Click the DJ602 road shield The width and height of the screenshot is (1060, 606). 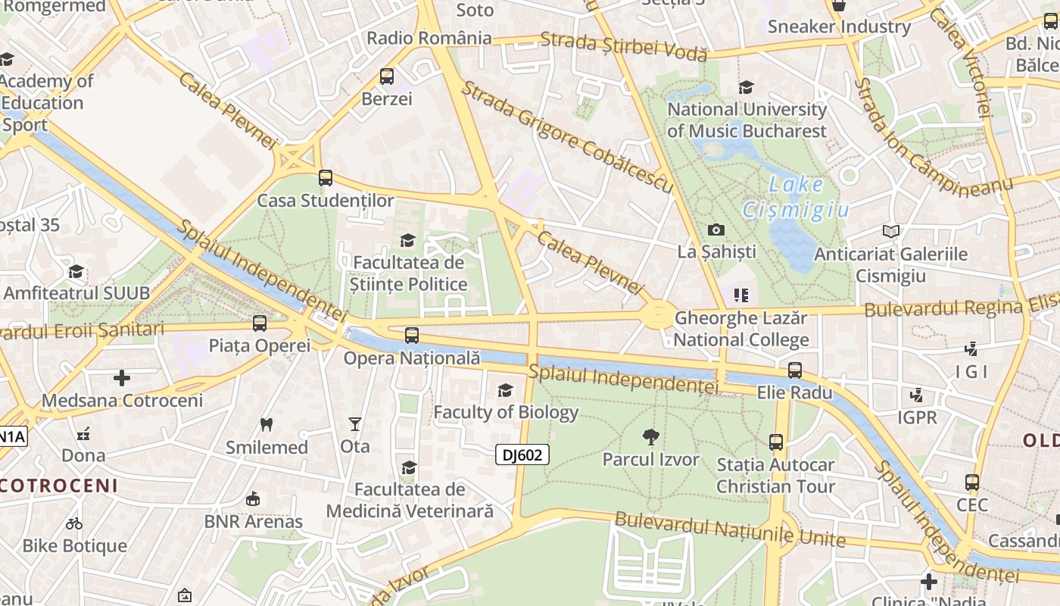tap(522, 454)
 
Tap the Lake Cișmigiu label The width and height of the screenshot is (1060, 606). tap(796, 197)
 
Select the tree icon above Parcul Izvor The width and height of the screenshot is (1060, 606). tap(650, 436)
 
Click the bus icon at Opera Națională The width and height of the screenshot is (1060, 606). tap(412, 335)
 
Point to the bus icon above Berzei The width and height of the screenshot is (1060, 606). tap(387, 77)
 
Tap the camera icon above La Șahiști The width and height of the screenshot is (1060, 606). tap(715, 230)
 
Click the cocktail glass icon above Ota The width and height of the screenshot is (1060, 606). tap(355, 424)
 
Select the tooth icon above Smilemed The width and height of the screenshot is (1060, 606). tap(267, 424)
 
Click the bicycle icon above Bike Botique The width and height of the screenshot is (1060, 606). tap(74, 523)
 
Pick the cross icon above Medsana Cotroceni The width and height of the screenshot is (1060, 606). tap(122, 377)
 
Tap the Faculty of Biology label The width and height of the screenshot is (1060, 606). tap(506, 412)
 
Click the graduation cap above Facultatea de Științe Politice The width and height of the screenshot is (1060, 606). tap(408, 241)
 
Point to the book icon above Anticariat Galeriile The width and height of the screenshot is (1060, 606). tap(891, 231)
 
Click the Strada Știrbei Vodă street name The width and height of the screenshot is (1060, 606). tap(624, 47)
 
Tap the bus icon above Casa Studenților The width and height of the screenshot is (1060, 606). tap(326, 178)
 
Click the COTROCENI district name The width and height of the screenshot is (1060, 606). tap(59, 486)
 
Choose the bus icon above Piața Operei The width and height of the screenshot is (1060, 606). tap(260, 323)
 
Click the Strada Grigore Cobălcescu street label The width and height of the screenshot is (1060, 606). tap(567, 136)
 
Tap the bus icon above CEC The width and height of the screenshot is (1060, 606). tap(972, 483)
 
